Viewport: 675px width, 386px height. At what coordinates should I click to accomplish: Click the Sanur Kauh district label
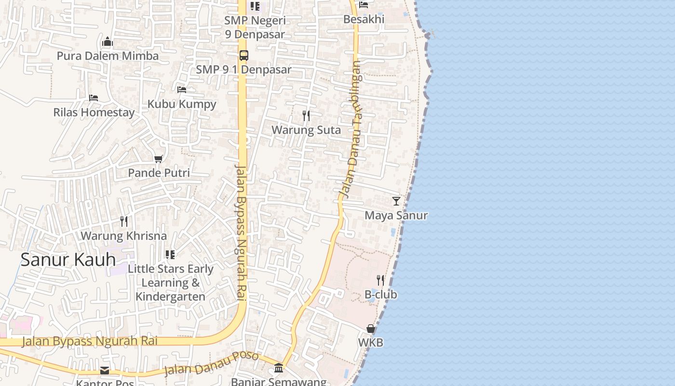click(x=68, y=260)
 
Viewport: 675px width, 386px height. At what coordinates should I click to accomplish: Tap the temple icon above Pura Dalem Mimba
click(x=108, y=41)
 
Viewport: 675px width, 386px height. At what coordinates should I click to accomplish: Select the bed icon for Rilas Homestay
click(x=94, y=98)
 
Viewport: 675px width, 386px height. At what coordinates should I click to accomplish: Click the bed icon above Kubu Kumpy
click(x=182, y=89)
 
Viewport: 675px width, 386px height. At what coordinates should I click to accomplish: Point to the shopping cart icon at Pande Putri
click(x=158, y=158)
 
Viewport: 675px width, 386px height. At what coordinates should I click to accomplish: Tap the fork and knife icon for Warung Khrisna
click(x=124, y=221)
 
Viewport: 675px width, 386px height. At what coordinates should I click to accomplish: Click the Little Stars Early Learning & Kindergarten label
click(x=171, y=283)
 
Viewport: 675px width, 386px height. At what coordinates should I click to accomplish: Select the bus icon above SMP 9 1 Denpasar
click(x=244, y=55)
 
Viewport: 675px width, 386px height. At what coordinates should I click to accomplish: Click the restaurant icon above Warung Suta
click(x=306, y=116)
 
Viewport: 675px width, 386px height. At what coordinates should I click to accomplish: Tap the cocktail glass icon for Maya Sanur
click(x=396, y=201)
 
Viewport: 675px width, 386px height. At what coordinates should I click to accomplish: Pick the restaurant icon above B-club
click(x=380, y=280)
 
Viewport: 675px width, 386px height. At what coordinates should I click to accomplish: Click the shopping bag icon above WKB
click(x=371, y=329)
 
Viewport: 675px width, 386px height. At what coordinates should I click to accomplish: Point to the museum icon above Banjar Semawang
click(x=279, y=368)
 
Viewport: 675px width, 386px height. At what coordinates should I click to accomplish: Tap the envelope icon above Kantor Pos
click(x=105, y=371)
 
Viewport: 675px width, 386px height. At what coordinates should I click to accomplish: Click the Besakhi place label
click(x=364, y=19)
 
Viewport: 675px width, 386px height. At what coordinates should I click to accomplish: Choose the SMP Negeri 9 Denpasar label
click(x=255, y=28)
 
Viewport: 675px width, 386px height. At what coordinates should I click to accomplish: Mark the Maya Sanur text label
click(x=396, y=215)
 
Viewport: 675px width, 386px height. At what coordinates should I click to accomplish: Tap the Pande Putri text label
click(x=159, y=173)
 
